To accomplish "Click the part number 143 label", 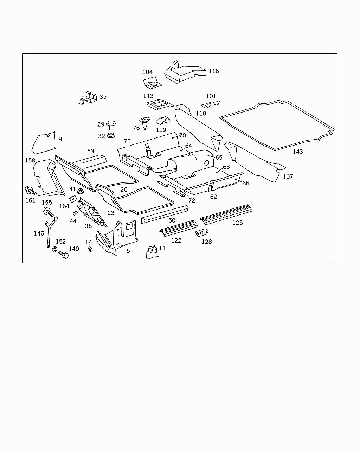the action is point(298,152).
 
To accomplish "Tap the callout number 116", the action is point(214,71).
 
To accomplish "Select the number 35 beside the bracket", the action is point(103,97).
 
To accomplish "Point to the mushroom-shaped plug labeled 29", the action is point(111,125).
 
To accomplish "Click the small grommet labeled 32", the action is point(111,135).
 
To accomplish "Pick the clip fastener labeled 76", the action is point(145,123).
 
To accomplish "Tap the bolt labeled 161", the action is point(30,191).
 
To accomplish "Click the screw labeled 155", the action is point(48,212).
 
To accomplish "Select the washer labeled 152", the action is point(54,249).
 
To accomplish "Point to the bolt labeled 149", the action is point(63,255).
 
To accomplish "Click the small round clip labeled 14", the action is point(91,249).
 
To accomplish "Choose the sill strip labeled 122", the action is point(179,228).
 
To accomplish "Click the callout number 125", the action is point(237,223).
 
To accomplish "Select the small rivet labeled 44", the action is point(75,213).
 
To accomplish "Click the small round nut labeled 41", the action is point(79,191).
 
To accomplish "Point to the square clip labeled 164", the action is point(73,198).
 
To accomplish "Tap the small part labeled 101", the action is point(210,104).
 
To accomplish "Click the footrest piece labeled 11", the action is point(153,253).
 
